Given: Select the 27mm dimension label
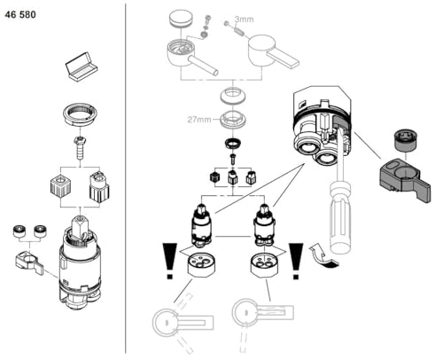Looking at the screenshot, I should point(198,119).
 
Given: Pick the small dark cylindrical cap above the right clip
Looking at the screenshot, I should point(402,139).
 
